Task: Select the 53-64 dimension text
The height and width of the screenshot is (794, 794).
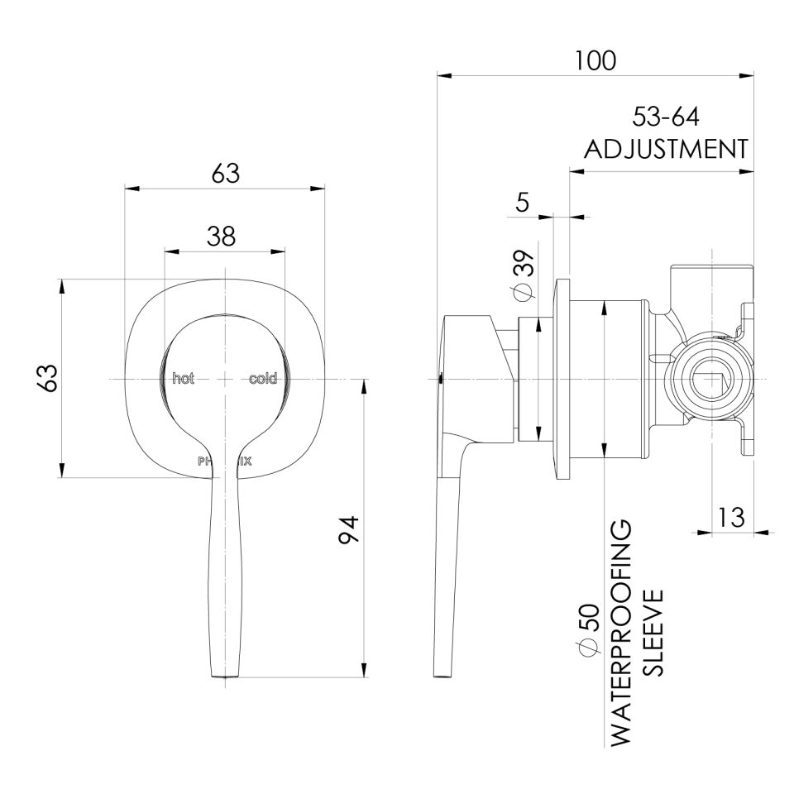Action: coord(667,117)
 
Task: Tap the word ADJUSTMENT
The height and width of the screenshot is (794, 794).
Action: coord(667,150)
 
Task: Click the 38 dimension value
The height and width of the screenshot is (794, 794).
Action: coord(221,237)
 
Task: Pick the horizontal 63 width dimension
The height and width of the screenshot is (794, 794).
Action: coord(224,174)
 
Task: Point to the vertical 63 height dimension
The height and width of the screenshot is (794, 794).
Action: coord(49,378)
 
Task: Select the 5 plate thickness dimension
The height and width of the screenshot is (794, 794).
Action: coord(523,203)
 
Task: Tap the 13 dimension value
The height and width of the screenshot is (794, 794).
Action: coord(731,518)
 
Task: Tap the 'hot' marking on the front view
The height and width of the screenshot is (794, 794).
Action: coord(183,379)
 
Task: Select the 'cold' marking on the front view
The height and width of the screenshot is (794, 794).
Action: coord(264,379)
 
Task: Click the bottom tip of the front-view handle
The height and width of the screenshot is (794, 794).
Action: coord(224,674)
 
